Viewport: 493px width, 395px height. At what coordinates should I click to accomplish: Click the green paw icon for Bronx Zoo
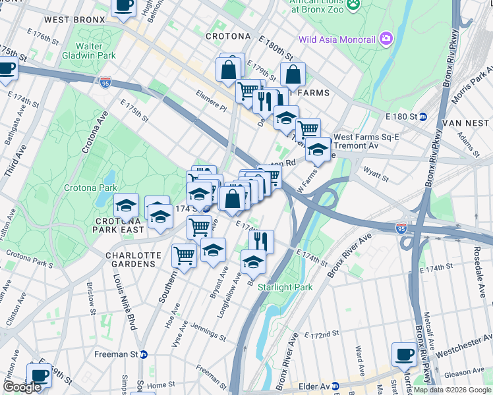coord(354,5)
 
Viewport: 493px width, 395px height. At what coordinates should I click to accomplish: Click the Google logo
coord(22,387)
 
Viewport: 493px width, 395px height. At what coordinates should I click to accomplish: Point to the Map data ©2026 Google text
coord(451,390)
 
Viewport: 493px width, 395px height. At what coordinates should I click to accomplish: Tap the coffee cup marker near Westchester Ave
coord(403,354)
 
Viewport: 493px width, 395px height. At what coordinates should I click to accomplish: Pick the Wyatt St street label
coord(376,176)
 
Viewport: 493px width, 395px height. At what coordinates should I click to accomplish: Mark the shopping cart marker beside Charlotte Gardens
coord(184,255)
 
